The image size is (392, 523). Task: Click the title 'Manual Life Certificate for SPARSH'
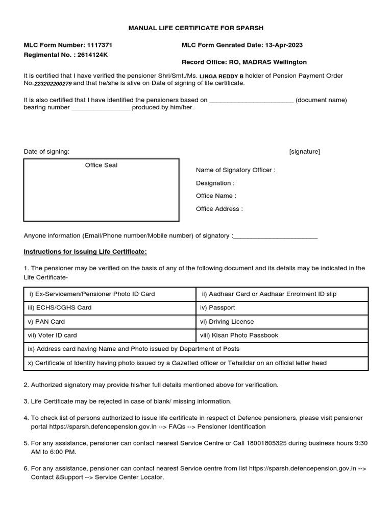[196, 28]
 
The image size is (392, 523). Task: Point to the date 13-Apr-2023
[283, 45]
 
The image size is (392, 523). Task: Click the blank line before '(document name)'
[251, 100]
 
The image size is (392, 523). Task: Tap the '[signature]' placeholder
[304, 152]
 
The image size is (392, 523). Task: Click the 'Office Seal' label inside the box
[101, 165]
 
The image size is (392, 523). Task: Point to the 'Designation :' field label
[215, 183]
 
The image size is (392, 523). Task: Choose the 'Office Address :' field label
[219, 208]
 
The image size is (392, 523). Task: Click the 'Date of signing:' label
[47, 152]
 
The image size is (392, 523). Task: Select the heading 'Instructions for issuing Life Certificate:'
[85, 252]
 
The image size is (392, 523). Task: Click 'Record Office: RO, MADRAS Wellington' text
[244, 62]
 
